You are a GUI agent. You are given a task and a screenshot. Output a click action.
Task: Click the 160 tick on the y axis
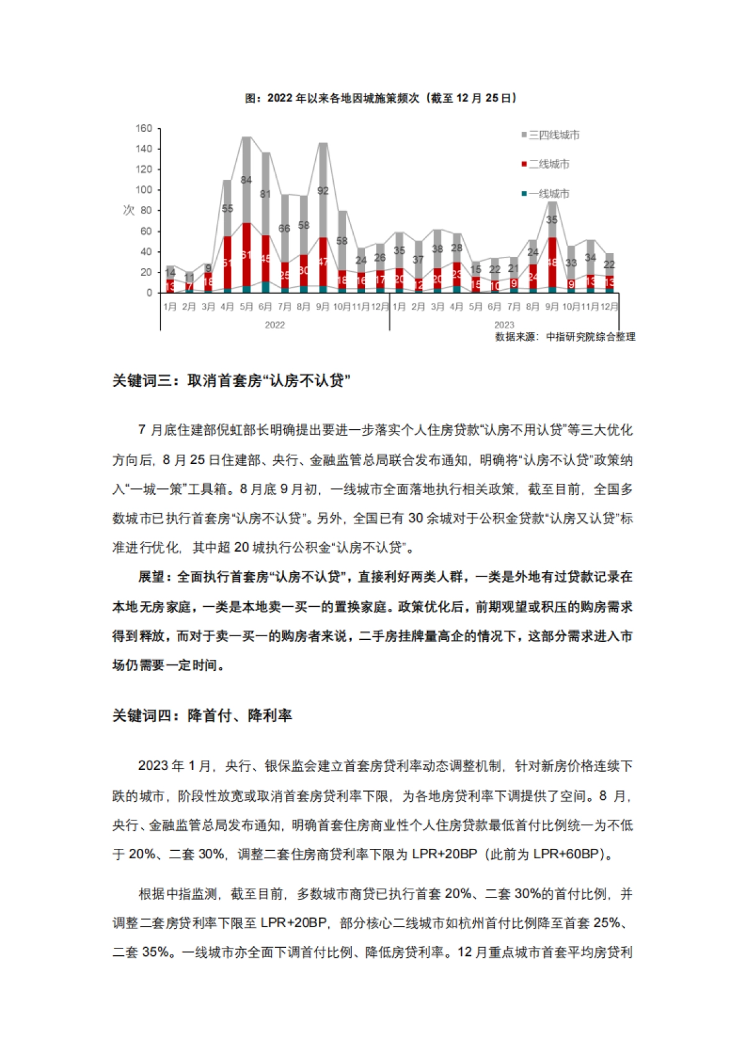click(x=144, y=128)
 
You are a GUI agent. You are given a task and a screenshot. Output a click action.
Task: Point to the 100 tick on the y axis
click(x=144, y=190)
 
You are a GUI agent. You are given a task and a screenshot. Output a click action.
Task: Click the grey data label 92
click(x=323, y=191)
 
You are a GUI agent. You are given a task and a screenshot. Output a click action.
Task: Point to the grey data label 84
click(x=246, y=180)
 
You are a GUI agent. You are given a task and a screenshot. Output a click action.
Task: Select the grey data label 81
click(x=265, y=194)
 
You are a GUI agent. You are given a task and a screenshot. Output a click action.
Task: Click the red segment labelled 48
click(x=552, y=262)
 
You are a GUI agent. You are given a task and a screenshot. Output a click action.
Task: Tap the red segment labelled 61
click(x=246, y=255)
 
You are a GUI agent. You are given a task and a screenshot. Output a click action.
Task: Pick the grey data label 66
click(x=284, y=229)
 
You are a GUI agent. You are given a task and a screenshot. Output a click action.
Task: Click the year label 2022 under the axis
click(x=275, y=325)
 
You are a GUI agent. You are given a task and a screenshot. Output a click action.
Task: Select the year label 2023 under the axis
click(x=504, y=325)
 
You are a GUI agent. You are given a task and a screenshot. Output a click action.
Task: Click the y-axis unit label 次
click(x=129, y=210)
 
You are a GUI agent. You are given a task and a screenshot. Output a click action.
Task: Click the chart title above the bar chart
click(x=380, y=98)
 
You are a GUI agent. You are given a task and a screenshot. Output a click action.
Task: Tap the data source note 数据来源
click(x=564, y=337)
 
